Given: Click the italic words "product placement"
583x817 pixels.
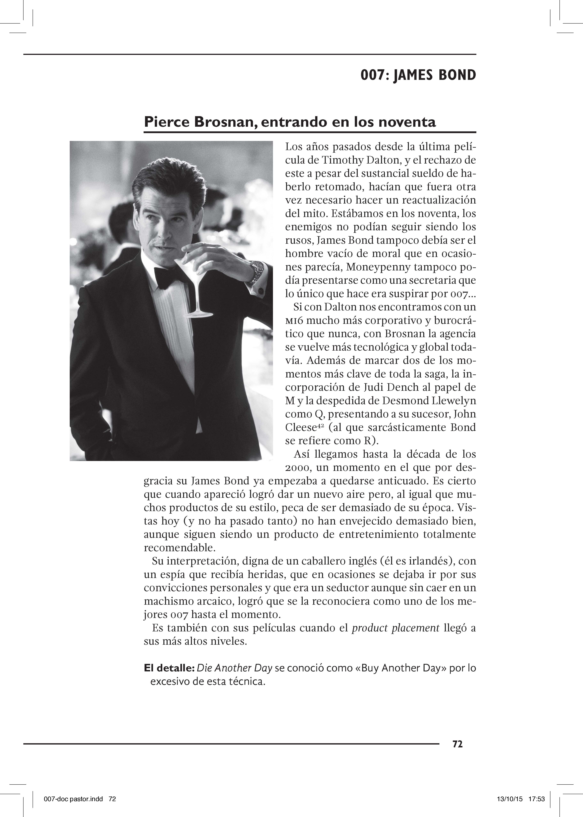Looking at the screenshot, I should (x=396, y=628).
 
